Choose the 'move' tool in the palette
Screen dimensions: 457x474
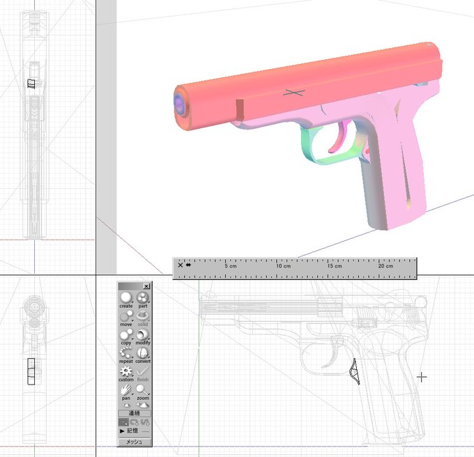tap(126, 318)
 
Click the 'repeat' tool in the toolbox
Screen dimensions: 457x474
tap(126, 355)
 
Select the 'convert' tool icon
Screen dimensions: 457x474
tap(143, 355)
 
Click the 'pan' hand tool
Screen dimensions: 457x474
tap(126, 392)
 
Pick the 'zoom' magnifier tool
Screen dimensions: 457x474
tap(143, 392)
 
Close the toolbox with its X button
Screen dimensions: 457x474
tap(146, 286)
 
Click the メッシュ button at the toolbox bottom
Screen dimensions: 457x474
tap(135, 442)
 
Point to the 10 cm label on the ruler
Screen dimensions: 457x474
tap(283, 266)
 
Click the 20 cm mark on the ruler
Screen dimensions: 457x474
tap(385, 266)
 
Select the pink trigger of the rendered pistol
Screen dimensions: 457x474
tap(339, 139)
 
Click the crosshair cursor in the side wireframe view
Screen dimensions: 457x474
tap(421, 377)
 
